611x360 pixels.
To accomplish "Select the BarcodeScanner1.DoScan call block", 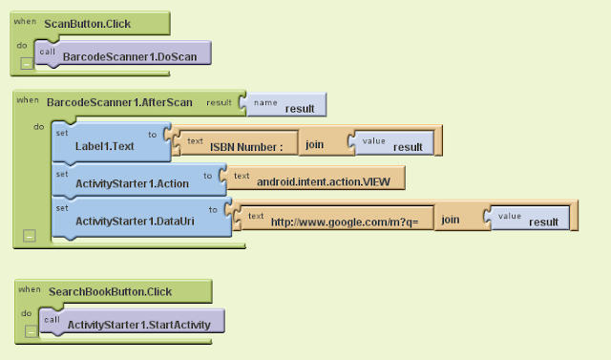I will pos(128,57).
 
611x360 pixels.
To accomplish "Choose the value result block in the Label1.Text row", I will pos(396,142).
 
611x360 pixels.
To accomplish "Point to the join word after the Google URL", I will pos(452,221).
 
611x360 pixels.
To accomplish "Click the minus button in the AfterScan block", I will pos(30,235).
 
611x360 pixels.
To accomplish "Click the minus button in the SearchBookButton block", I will pos(32,330).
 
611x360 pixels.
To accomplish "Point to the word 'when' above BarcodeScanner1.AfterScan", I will pos(28,99).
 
